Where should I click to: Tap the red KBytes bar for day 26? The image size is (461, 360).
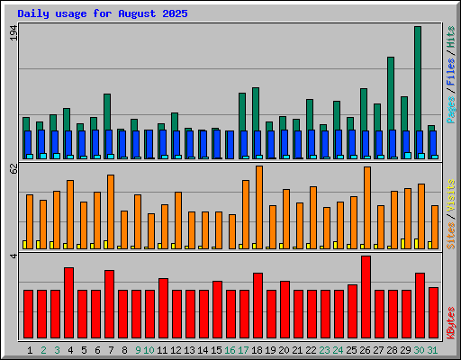coord(366,297)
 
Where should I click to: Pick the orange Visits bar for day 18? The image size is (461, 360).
coord(259,207)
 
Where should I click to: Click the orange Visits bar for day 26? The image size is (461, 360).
coord(367,208)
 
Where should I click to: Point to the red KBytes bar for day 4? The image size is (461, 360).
coord(68,303)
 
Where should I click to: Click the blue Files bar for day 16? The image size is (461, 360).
coord(230,145)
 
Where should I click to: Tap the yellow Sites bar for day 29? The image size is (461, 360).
coord(402,244)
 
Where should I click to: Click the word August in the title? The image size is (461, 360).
coord(137,13)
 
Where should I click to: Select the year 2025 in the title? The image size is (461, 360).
coord(175,13)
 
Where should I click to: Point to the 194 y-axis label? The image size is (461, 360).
coord(14,32)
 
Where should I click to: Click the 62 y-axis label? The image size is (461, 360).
coord(14,168)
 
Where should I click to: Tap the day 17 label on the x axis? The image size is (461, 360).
coord(243,350)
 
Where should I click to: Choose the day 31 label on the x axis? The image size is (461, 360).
coord(432,350)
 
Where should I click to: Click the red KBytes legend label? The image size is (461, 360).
coord(451,323)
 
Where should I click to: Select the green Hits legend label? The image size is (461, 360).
coord(451,37)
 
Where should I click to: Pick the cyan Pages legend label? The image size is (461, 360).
coord(451,110)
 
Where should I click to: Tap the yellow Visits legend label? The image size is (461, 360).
coord(451,196)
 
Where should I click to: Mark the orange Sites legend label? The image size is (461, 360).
coord(451,236)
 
